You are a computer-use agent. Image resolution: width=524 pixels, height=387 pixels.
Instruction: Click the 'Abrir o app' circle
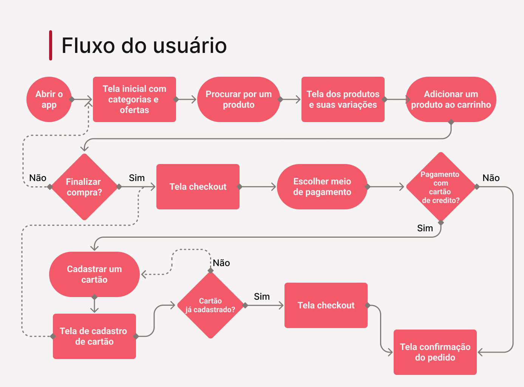49,99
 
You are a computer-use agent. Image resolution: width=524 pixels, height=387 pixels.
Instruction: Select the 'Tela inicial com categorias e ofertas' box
134,99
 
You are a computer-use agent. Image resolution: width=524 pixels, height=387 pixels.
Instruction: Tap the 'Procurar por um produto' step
238,99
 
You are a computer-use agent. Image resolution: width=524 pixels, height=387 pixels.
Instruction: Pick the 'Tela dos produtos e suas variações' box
343,99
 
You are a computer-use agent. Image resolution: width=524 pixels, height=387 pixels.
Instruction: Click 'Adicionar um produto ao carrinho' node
451,99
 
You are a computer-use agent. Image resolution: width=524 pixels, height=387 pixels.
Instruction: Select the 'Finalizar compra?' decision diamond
84,187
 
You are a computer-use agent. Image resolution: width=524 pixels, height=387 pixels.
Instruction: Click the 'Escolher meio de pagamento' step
322,187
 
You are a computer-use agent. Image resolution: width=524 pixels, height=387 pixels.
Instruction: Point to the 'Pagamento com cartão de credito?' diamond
441,187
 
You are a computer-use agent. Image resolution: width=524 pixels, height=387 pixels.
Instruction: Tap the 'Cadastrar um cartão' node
94,274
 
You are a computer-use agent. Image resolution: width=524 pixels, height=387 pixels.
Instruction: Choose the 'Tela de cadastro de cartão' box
94,336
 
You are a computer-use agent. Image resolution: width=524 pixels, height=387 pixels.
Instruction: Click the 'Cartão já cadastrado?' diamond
210,305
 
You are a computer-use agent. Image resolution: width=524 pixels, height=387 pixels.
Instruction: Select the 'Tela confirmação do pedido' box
435,352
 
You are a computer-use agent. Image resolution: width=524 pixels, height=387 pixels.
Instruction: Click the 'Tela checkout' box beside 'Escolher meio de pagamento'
198,187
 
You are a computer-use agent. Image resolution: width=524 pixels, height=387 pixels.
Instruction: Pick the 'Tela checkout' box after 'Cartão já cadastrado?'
326,305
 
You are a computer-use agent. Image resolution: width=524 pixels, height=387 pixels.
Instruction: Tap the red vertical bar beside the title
51,45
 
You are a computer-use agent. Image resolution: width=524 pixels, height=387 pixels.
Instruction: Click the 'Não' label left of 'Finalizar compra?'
38,178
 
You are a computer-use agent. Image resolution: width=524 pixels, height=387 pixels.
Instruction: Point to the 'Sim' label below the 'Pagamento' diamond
425,228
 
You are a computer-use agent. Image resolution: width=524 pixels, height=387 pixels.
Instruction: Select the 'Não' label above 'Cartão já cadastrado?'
221,263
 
